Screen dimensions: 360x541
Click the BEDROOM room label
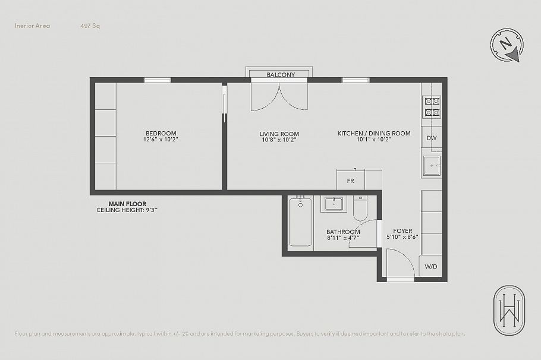pos(161,133)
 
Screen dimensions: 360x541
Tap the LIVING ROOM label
pos(279,134)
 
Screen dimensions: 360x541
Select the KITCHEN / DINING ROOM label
pos(374,133)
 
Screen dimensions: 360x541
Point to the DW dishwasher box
pos(432,138)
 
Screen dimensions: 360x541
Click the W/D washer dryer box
pos(431,266)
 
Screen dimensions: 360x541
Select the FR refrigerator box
pos(350,180)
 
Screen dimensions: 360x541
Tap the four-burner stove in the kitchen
pos(432,106)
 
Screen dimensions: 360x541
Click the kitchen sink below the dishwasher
pos(432,166)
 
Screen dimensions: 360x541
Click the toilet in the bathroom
pos(360,207)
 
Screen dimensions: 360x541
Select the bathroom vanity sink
pos(334,204)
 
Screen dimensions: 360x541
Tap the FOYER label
pos(402,231)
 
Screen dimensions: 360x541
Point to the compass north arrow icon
pos(507,46)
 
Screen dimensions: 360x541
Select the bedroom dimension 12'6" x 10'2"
pos(161,140)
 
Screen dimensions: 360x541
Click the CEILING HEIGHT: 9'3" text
pos(127,210)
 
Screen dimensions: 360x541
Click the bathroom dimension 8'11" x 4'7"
pos(342,238)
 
